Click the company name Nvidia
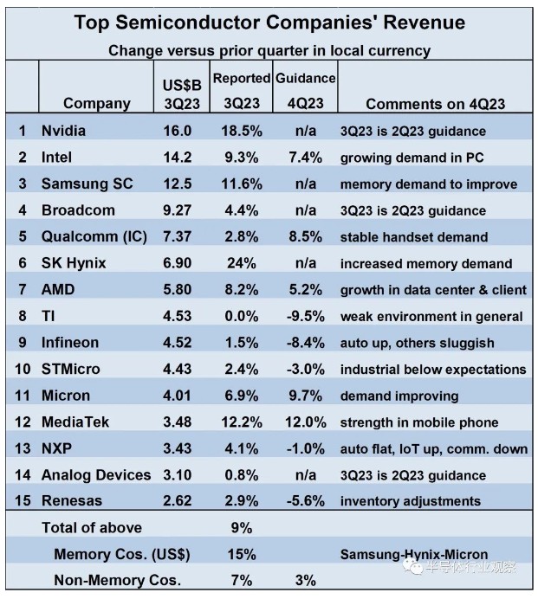[65, 131]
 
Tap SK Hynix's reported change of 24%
[242, 263]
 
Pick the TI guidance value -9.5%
[304, 316]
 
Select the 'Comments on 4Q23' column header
[435, 104]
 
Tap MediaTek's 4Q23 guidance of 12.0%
[304, 422]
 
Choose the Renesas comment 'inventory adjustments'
[410, 501]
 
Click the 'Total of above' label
[92, 527]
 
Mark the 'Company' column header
[97, 104]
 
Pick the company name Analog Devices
[96, 474]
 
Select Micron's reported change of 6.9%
[242, 396]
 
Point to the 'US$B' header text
[182, 86]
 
